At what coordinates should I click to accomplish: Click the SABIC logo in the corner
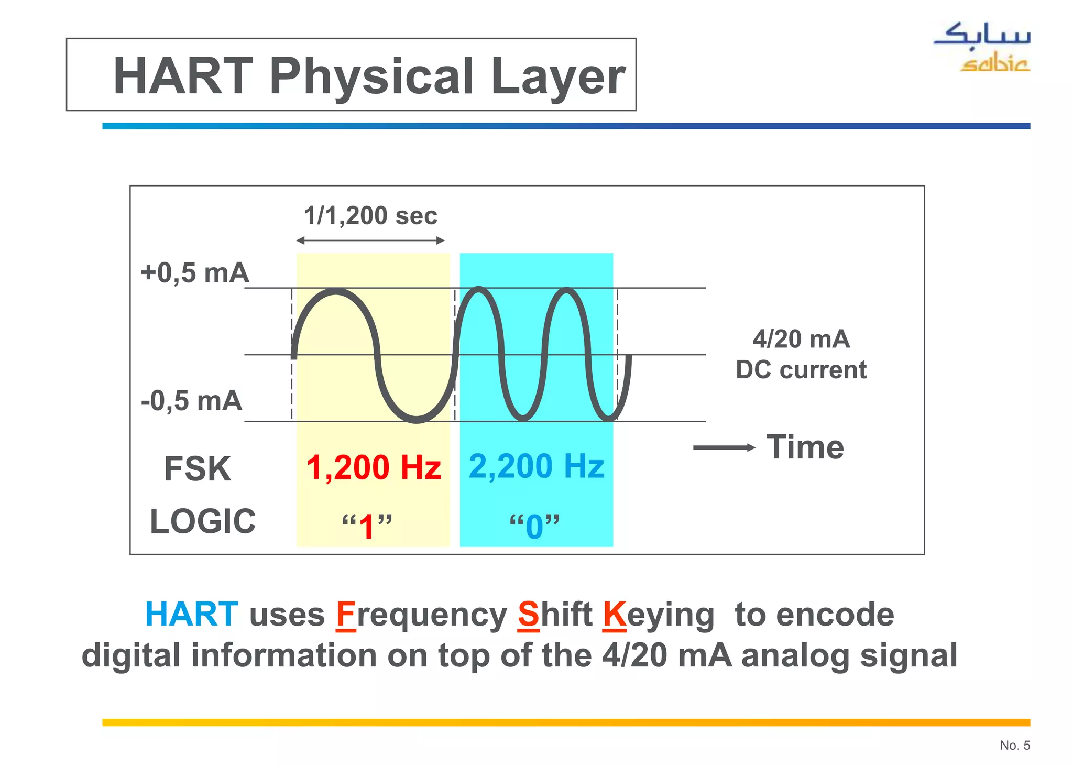[981, 47]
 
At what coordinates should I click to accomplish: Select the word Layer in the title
[558, 76]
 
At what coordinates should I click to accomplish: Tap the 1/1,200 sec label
[370, 216]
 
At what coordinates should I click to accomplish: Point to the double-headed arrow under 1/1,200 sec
[370, 240]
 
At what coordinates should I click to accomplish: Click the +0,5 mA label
[195, 273]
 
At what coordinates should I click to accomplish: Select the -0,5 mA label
[192, 401]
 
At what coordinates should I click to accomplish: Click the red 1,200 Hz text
[374, 467]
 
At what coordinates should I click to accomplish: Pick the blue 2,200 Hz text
[536, 466]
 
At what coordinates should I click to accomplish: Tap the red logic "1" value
[367, 526]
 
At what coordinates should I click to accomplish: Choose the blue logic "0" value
[534, 526]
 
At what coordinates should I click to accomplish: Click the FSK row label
[197, 468]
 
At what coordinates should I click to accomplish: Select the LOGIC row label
[203, 521]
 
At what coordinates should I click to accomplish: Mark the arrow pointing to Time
[724, 447]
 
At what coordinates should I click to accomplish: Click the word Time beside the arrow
[805, 447]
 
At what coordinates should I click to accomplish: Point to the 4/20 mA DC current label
[801, 355]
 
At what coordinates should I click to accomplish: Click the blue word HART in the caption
[191, 614]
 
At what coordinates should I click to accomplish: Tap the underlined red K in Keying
[614, 615]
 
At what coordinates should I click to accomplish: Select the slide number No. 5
[1014, 745]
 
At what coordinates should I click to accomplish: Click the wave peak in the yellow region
[335, 291]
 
